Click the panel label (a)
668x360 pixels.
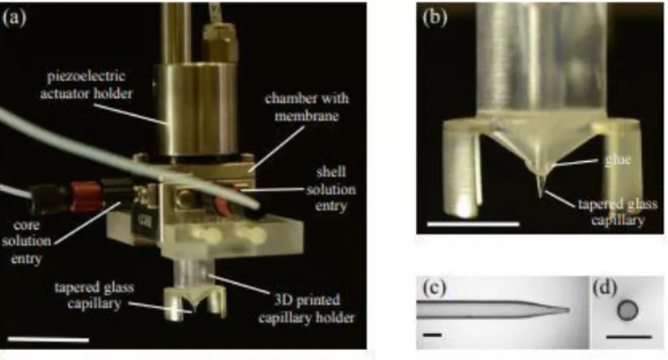14,18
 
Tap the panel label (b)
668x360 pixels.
435,19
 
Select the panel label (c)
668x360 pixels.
434,288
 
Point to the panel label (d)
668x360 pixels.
605,288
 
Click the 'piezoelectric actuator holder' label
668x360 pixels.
86,84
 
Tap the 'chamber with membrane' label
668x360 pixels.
307,106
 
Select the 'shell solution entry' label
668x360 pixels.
331,189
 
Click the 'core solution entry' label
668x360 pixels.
26,241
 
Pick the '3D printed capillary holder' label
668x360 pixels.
307,308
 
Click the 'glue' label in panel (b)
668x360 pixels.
617,160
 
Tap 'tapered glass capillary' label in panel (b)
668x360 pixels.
617,212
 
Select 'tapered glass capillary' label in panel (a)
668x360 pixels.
94,295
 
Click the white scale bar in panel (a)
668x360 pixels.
49,339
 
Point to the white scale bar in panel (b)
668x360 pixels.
473,224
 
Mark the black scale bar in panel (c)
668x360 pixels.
432,335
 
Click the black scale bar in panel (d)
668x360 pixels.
629,337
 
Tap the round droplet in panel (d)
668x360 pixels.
627,311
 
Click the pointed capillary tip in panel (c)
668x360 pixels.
569,310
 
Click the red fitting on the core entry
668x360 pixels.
83,197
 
